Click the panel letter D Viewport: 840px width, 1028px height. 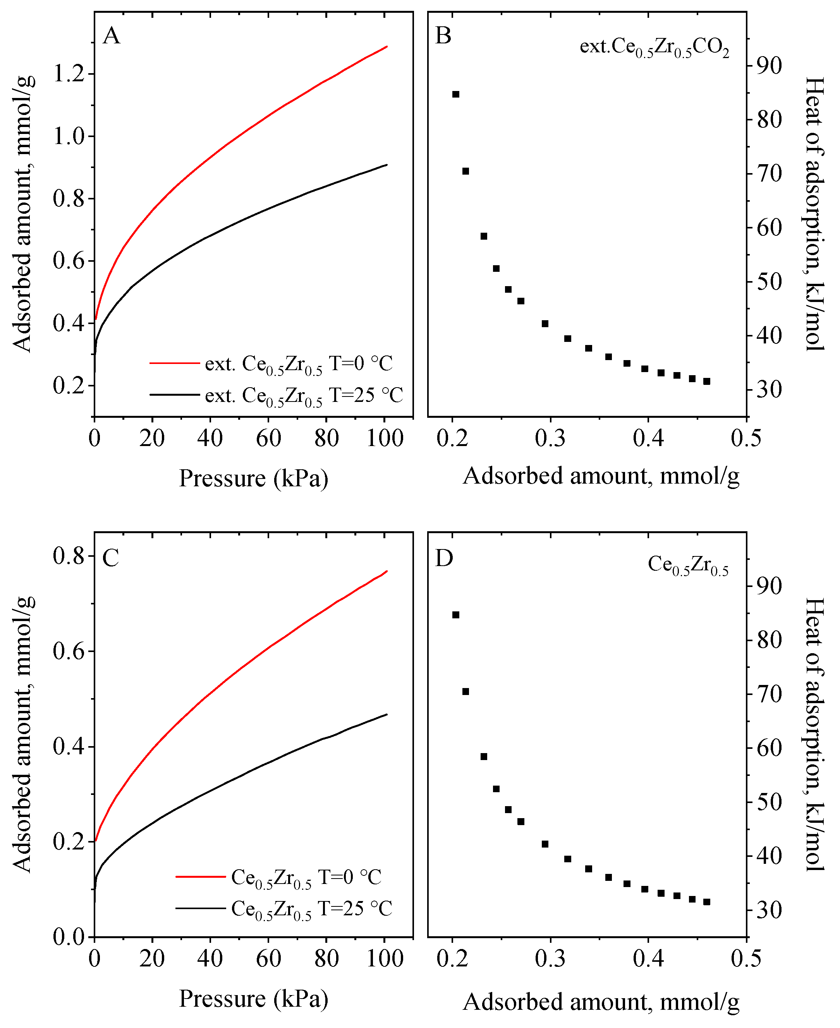tap(444, 558)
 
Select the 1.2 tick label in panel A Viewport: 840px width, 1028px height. tap(68, 74)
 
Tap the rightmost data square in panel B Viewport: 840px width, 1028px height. tap(706, 382)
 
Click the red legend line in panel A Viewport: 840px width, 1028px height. tap(174, 363)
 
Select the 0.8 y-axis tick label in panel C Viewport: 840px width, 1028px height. tap(68, 556)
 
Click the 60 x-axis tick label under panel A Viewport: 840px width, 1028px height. tap(268, 439)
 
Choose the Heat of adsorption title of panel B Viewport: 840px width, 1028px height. tap(814, 213)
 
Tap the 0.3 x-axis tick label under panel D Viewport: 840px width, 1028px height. tap(550, 958)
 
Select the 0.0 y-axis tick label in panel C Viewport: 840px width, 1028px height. tap(68, 937)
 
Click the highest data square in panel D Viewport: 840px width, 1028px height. tap(455, 615)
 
